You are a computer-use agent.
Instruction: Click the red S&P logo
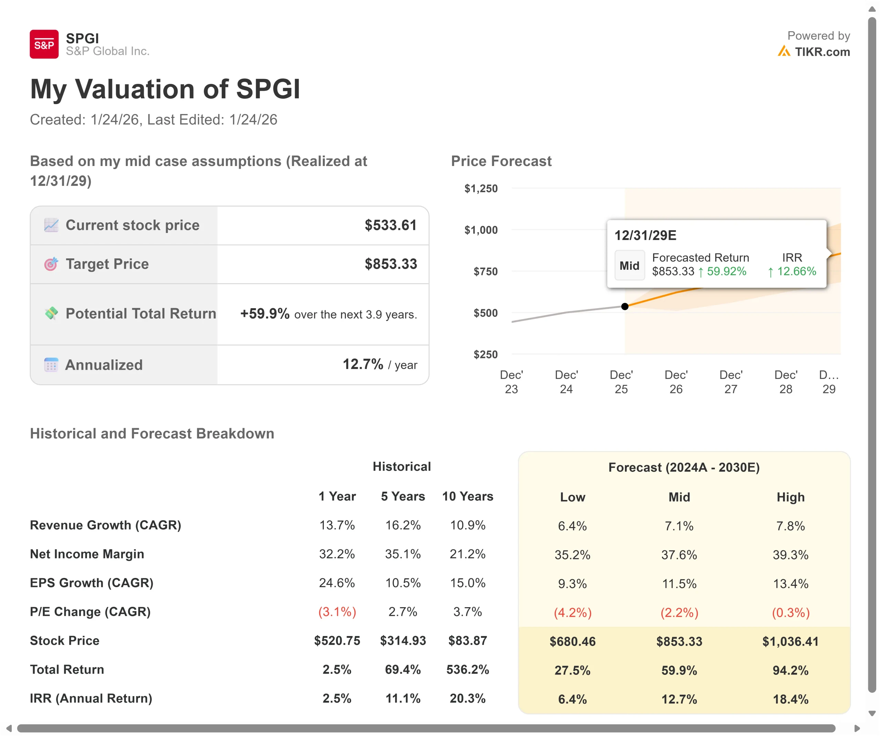tap(44, 44)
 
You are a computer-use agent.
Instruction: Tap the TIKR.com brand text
tap(822, 52)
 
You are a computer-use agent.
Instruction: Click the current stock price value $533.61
tap(390, 225)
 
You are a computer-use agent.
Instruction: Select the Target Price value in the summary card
tap(390, 264)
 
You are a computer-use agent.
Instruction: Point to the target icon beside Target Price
tap(51, 264)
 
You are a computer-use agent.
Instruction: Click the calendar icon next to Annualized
tap(51, 365)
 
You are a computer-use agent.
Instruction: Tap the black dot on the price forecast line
tap(624, 306)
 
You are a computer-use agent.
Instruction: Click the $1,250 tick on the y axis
tap(481, 189)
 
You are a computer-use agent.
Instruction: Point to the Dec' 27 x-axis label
tap(731, 382)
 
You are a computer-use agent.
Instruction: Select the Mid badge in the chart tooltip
tap(629, 266)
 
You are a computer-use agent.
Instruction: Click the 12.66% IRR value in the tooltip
tap(796, 271)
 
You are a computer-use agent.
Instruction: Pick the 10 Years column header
tap(467, 497)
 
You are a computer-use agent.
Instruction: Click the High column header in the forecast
tap(790, 497)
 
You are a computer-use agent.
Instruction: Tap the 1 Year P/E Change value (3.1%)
tap(337, 612)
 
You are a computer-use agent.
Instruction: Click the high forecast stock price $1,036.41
tap(790, 641)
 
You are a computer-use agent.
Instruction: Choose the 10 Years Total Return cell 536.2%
tap(467, 669)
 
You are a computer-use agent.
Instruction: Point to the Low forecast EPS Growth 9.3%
tap(572, 583)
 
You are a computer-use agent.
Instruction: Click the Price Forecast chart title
tap(501, 161)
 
